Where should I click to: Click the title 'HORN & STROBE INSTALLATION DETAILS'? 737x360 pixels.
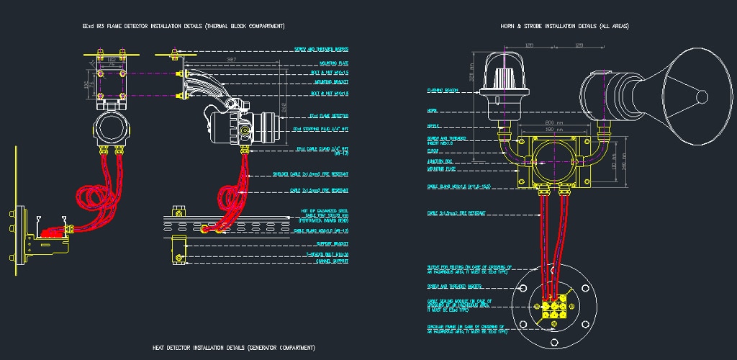coord(564,26)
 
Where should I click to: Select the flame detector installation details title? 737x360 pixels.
coord(184,26)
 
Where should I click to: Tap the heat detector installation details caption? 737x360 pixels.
coord(234,348)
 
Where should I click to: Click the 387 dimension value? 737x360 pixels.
coord(231,59)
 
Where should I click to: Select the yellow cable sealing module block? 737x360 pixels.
coord(555,305)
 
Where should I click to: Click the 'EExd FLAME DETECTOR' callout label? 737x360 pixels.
coord(329,115)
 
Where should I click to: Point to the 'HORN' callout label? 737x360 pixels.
coord(432,111)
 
